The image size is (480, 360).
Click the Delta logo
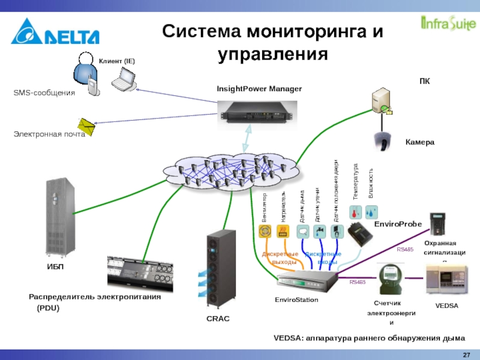coord(55,32)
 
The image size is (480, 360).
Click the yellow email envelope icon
coord(88,127)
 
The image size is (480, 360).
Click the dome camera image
coord(382,141)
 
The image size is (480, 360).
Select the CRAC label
coord(218,319)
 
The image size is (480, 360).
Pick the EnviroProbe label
coord(398,224)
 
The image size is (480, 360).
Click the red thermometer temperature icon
coord(356,211)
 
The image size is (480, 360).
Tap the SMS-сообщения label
coord(44,93)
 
